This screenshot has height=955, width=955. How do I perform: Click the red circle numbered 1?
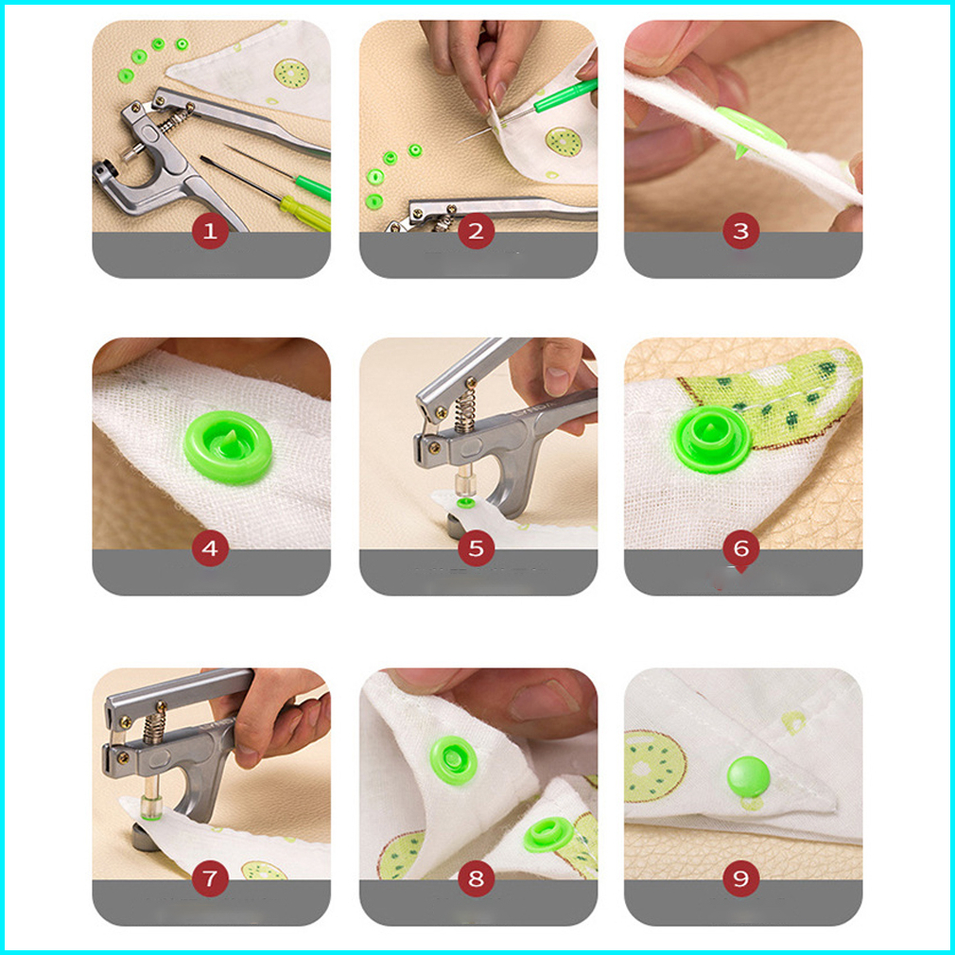(x=210, y=231)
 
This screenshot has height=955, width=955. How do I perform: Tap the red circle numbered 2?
(x=477, y=231)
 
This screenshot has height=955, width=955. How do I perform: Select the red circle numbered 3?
(x=741, y=231)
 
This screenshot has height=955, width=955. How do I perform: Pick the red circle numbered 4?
(x=210, y=548)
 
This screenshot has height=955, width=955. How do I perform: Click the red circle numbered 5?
(x=477, y=548)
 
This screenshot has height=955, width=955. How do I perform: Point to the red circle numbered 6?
(x=741, y=548)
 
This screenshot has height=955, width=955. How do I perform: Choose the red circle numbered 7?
(x=210, y=878)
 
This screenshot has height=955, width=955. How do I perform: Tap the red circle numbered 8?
(x=477, y=878)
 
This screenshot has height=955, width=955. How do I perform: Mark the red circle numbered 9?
(x=741, y=878)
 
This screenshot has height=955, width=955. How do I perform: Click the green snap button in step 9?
(x=749, y=776)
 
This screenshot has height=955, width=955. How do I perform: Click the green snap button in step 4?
(x=229, y=446)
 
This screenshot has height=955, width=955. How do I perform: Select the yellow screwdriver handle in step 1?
(x=304, y=213)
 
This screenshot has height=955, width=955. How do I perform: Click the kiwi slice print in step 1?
(x=292, y=73)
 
